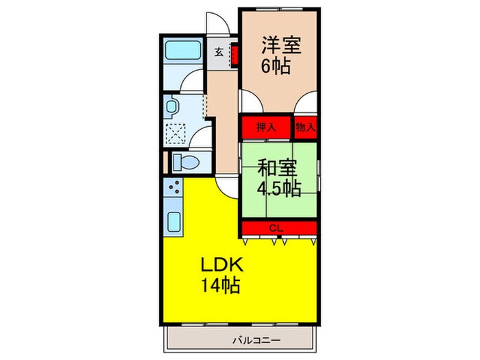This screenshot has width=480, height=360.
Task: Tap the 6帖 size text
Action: click(274, 67)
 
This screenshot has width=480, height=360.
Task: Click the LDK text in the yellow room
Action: click(221, 265)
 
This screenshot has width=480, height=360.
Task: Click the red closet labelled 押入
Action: click(265, 127)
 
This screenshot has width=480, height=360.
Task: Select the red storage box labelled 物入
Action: click(306, 127)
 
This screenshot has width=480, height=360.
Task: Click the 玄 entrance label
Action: click(218, 52)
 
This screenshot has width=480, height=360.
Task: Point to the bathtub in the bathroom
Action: click(182, 50)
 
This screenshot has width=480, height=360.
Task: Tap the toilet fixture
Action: click(185, 161)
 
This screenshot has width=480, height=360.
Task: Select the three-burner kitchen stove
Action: click(173, 189)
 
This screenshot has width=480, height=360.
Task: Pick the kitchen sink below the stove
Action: click(174, 223)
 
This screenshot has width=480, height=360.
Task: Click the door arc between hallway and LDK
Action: click(226, 184)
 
